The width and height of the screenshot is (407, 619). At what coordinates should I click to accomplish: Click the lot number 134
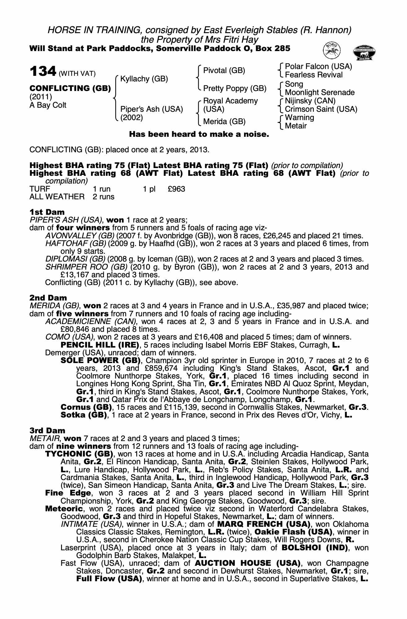coord(43,71)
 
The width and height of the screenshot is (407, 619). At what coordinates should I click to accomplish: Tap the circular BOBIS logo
coord(332,50)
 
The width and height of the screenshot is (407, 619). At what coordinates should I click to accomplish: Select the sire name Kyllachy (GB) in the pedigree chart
coord(144,79)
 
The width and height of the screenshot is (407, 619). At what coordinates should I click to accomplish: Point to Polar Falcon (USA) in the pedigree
coord(318,67)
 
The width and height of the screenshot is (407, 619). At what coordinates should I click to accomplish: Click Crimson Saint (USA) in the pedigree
coord(321,109)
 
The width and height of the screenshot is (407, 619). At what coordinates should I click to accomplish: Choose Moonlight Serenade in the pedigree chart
coord(320,93)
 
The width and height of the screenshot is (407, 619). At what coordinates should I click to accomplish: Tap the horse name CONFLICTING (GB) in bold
coord(70,89)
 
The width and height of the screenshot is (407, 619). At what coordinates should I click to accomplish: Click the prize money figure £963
coord(176,189)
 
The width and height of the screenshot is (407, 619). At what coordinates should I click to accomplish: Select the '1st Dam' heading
coord(47,212)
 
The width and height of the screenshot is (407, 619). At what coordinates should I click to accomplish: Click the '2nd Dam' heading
coord(48,298)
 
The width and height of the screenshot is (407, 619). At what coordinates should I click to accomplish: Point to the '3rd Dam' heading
coord(47,431)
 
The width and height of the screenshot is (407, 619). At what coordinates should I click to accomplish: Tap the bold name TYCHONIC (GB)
coord(79,454)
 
